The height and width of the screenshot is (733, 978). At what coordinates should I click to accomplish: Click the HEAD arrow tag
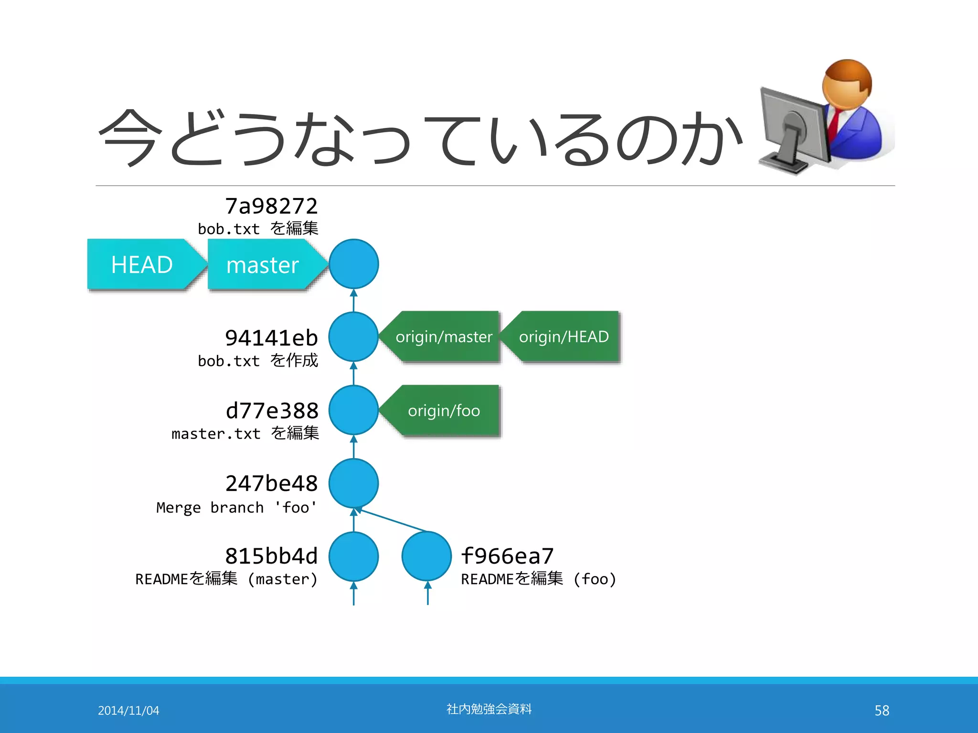pyautogui.click(x=142, y=264)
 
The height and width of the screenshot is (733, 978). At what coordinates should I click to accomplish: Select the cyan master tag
pyautogui.click(x=263, y=264)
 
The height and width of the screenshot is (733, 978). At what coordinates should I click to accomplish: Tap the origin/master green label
pyautogui.click(x=444, y=337)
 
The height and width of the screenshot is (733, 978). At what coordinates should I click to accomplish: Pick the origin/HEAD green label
pyautogui.click(x=563, y=337)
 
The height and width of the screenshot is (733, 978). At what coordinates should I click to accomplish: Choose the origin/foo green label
pyautogui.click(x=444, y=410)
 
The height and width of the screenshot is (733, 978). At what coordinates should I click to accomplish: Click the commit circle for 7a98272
pyautogui.click(x=353, y=264)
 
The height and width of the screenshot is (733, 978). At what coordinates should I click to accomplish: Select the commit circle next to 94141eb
pyautogui.click(x=353, y=337)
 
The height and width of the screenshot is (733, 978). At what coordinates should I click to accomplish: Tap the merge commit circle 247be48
pyautogui.click(x=353, y=483)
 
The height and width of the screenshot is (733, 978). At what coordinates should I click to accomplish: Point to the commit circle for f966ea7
pyautogui.click(x=426, y=556)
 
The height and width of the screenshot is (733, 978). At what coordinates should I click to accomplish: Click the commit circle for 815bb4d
pyautogui.click(x=353, y=556)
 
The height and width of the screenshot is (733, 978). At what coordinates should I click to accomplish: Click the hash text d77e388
pyautogui.click(x=272, y=410)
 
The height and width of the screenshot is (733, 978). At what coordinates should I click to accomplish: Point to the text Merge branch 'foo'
pyautogui.click(x=236, y=507)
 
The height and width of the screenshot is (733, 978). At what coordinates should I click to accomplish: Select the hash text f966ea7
pyautogui.click(x=507, y=556)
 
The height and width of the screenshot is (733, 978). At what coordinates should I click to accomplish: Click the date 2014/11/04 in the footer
pyautogui.click(x=128, y=711)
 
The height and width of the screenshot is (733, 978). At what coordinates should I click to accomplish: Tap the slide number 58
pyautogui.click(x=882, y=711)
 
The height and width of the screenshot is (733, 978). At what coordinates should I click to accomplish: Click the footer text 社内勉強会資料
pyautogui.click(x=489, y=709)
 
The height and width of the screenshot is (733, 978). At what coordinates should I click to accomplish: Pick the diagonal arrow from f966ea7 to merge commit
pyautogui.click(x=392, y=520)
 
